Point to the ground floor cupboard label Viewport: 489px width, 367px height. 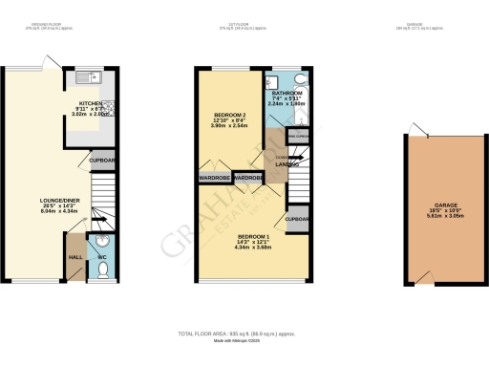click(103, 161)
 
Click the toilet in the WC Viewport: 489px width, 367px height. click(102, 270)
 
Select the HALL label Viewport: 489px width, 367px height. click(75, 256)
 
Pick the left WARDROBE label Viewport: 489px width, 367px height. click(215, 178)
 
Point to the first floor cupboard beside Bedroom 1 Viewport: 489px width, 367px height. click(297, 218)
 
